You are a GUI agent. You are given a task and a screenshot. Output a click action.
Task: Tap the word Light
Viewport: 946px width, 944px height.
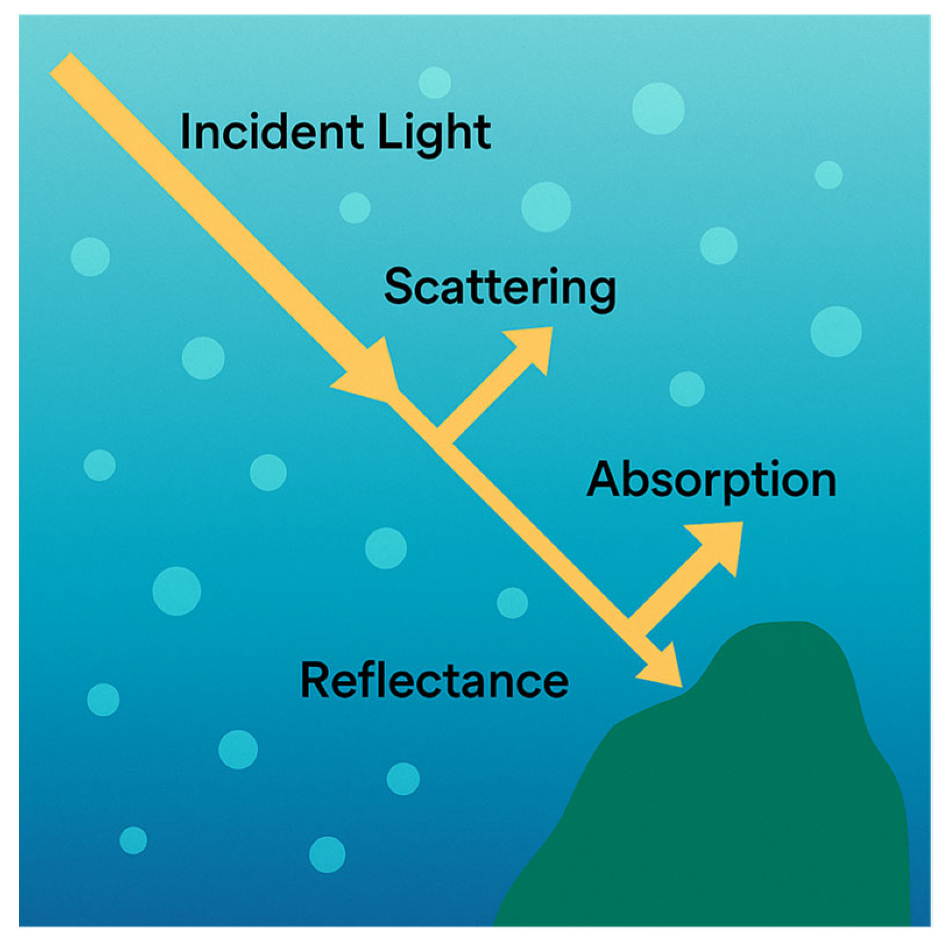(x=434, y=133)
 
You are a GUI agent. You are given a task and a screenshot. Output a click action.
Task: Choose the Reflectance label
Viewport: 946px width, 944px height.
(x=434, y=681)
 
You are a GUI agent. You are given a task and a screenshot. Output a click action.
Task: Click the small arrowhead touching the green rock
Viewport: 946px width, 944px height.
(x=664, y=667)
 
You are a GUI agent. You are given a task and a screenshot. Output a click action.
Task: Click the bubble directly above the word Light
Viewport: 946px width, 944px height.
(x=434, y=82)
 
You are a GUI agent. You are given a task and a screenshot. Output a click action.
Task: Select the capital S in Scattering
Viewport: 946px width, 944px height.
(x=399, y=287)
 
